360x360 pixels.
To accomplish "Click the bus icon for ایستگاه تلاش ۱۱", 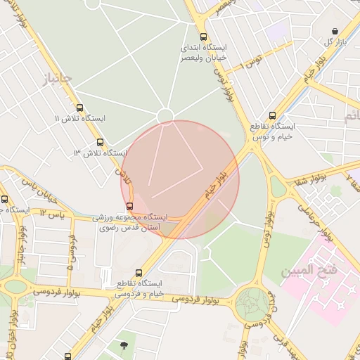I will tap(79, 108).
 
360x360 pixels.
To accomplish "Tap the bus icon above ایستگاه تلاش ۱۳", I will tap(100, 142).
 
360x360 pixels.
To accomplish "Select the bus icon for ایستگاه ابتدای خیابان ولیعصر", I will tap(203, 37).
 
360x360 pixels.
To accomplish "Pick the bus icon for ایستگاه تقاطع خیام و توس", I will tap(272, 116).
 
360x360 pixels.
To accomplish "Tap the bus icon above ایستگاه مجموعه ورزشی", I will tap(129, 206).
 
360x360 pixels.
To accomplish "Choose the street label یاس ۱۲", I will tap(53, 213).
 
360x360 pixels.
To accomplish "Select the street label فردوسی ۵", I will tap(71, 252).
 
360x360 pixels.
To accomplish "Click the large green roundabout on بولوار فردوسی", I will tap(251, 304).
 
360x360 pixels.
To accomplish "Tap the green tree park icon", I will tap(124, 345).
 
